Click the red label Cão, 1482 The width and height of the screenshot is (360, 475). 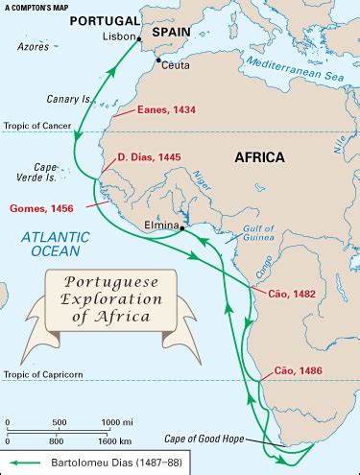point(293,290)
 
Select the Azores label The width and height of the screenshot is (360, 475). point(32,47)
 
